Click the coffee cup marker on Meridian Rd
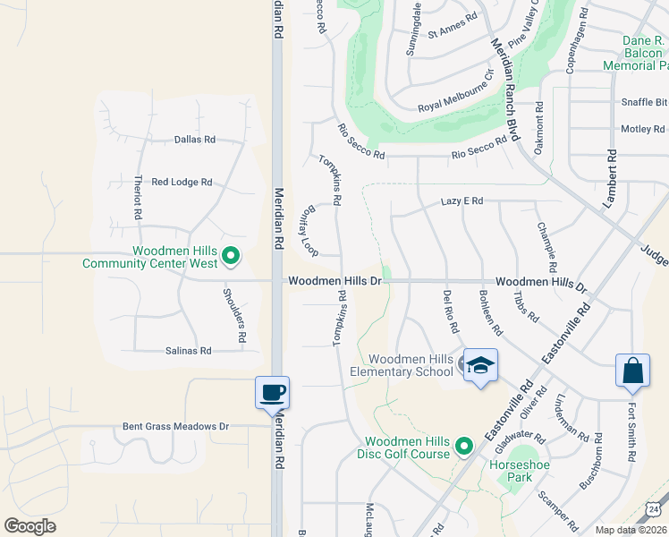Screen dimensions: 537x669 coord(272,392)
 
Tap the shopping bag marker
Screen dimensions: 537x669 coord(632,371)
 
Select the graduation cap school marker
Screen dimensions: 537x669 coord(479,365)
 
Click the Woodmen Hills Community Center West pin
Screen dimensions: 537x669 coord(231,257)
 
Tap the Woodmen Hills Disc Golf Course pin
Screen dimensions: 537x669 coord(463,445)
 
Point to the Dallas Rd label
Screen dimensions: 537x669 coord(195,140)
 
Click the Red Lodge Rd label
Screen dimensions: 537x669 coord(182,182)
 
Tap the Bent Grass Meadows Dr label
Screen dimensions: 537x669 coord(176,427)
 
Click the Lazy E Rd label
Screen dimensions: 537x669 coord(462,201)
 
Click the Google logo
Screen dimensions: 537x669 coord(30,526)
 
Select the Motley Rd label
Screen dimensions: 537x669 coord(642,129)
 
